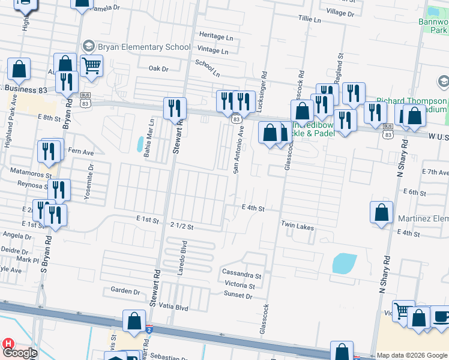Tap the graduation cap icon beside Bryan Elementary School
pyautogui.click(x=89, y=46)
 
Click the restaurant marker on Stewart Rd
pyautogui.click(x=175, y=109)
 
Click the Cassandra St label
pyautogui.click(x=242, y=275)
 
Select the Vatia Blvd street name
pyautogui.click(x=173, y=307)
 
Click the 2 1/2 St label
pyautogui.click(x=182, y=224)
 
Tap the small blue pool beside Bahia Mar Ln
pyautogui.click(x=140, y=145)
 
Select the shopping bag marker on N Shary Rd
pyautogui.click(x=382, y=213)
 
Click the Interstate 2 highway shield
pyautogui.click(x=149, y=329)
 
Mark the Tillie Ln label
pyautogui.click(x=310, y=20)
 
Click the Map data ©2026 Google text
pyautogui.click(x=412, y=355)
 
